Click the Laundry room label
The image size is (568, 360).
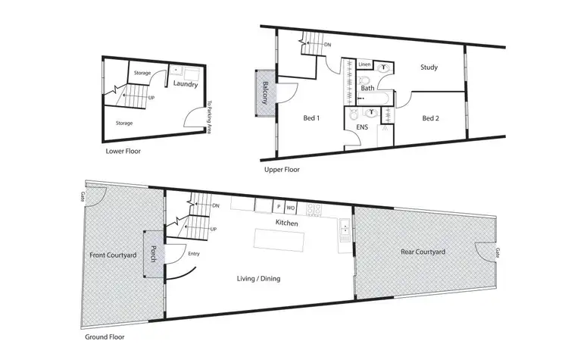[186, 84]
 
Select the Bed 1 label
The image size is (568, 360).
[291, 118]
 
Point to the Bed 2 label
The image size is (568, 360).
[430, 118]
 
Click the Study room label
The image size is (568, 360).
[429, 67]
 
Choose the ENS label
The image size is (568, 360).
[362, 127]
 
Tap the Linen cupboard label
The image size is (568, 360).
[364, 64]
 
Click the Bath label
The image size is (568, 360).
[367, 88]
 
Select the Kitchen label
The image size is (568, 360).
[286, 224]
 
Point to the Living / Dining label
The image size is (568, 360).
[260, 279]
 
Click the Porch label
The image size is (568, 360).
[152, 254]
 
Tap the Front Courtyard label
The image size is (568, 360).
[113, 255]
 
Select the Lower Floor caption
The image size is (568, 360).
[123, 152]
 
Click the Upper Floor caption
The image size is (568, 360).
[282, 170]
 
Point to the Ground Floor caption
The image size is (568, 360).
[105, 337]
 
